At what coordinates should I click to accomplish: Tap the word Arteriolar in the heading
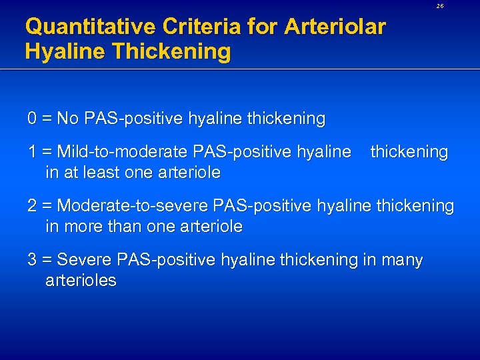(x=335, y=27)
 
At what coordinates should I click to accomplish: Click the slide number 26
(x=440, y=5)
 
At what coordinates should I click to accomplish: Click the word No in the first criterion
(x=67, y=119)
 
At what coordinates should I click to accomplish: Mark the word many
(x=402, y=260)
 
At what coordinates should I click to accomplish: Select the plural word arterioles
(x=81, y=281)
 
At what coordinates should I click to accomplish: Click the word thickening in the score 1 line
(x=409, y=152)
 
